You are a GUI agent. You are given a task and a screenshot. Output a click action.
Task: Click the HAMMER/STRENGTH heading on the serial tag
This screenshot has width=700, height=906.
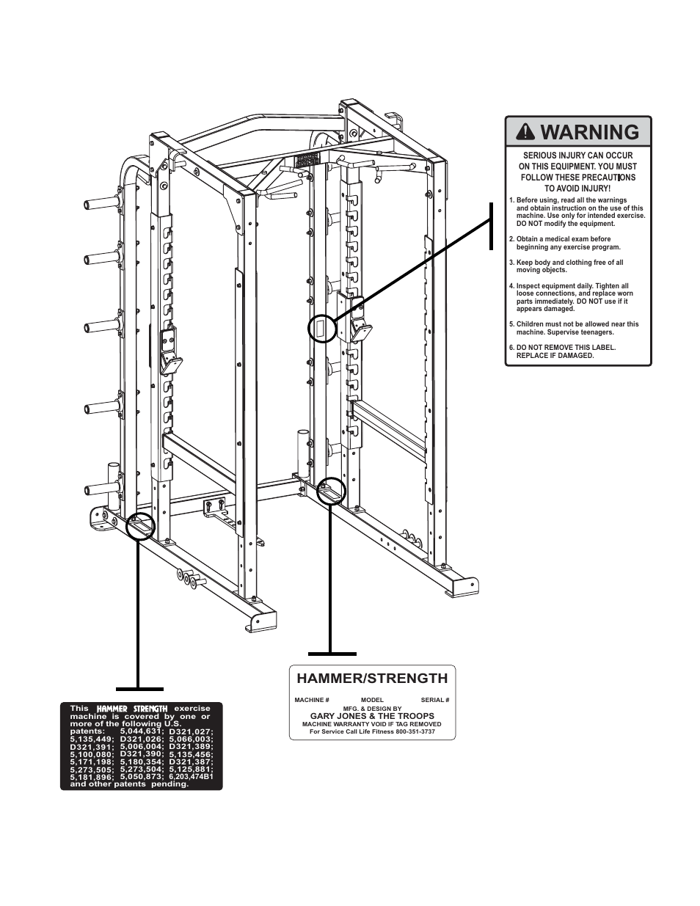pyautogui.click(x=371, y=679)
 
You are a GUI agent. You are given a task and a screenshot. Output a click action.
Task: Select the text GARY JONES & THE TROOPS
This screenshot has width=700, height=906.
pyautogui.click(x=372, y=716)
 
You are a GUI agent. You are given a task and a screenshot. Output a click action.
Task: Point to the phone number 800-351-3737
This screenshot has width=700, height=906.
pyautogui.click(x=415, y=731)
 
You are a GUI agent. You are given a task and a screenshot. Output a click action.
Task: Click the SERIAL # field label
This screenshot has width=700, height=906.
pyautogui.click(x=434, y=700)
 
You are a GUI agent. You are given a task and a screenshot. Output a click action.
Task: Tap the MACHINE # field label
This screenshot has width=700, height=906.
pyautogui.click(x=312, y=700)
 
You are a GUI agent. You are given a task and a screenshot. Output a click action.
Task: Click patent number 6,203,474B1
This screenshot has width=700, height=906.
pyautogui.click(x=191, y=776)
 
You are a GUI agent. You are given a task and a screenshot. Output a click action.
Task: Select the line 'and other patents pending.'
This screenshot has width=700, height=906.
pyautogui.click(x=129, y=784)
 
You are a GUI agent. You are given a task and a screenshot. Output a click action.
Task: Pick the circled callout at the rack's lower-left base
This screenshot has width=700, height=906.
pyautogui.click(x=141, y=525)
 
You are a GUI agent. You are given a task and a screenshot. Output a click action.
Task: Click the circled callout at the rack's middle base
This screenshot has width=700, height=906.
pyautogui.click(x=332, y=491)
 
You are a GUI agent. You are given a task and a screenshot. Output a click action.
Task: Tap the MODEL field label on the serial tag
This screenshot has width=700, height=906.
pyautogui.click(x=372, y=700)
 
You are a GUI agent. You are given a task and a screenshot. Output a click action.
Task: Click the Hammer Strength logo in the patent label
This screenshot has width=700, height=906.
pyautogui.click(x=132, y=709)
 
